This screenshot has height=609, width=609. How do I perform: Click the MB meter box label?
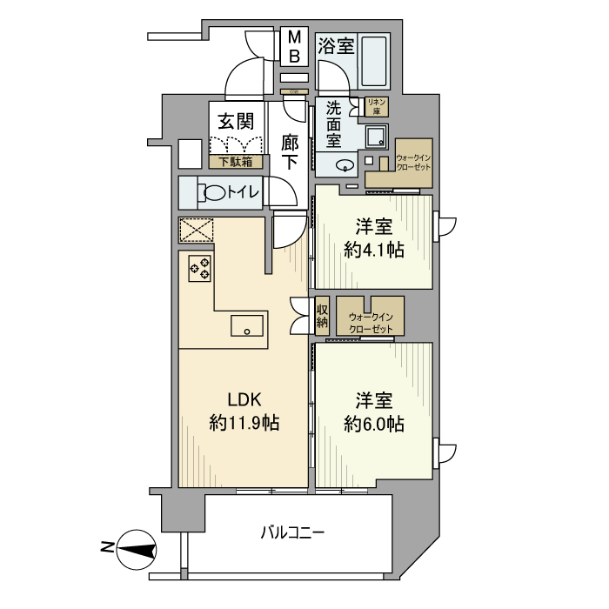point(294,47)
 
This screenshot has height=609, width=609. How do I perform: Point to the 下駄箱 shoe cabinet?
point(235,161)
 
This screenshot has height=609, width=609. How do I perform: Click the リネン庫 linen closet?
point(377,106)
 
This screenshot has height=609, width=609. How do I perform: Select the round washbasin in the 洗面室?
point(344,165)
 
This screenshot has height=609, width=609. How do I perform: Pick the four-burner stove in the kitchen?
point(199,268)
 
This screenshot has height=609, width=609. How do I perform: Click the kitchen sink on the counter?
point(249,326)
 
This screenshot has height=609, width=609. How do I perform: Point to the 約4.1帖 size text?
point(373,250)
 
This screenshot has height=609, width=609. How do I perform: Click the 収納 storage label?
point(321,316)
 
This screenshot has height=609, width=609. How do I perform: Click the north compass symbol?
point(135,549)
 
